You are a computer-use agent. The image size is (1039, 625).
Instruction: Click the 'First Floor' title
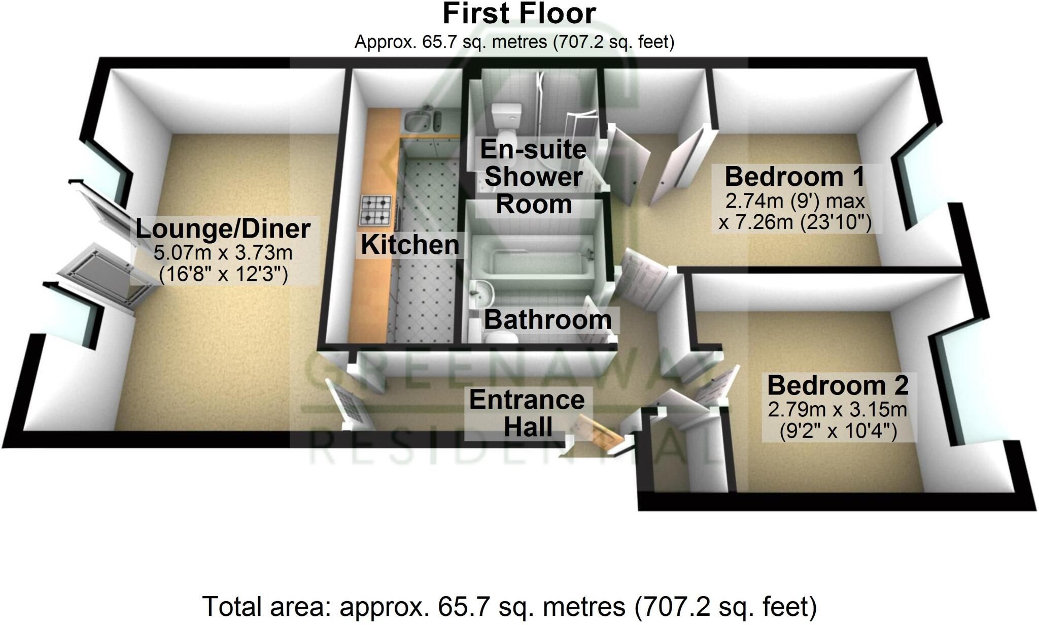pos(519,14)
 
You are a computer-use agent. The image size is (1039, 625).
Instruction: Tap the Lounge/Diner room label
pos(223,229)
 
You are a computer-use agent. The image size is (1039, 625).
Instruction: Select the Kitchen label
pos(410,245)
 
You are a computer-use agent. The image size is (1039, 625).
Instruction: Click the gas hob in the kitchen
pos(376,210)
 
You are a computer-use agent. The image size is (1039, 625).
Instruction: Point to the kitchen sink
pos(423,121)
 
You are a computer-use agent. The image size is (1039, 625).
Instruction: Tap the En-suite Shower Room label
pos(534,177)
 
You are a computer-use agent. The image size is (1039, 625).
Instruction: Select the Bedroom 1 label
pos(794,177)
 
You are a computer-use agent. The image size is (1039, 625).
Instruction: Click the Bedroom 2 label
pos(838,385)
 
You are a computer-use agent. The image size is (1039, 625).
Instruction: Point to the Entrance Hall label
pos(527,413)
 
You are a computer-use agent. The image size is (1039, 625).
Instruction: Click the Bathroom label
pos(548,320)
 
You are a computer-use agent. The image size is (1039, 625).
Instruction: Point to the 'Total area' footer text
pos(509,606)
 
